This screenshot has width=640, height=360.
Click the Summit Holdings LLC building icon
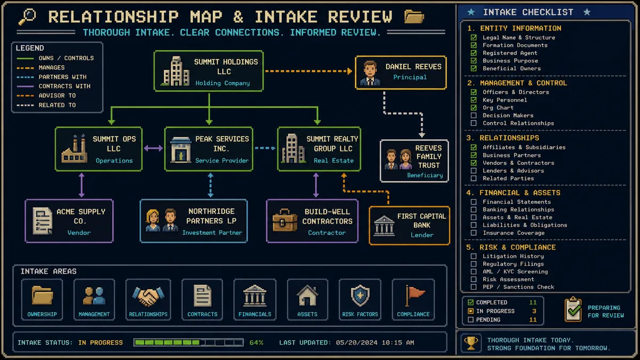(176, 71)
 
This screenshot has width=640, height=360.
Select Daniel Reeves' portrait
(370, 73)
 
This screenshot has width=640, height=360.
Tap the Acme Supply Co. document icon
(42, 221)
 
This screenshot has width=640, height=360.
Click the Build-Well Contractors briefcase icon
(285, 220)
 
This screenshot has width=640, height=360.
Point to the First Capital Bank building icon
(385, 226)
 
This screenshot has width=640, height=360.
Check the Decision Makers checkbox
(474, 115)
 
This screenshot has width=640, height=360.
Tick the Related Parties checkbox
(474, 178)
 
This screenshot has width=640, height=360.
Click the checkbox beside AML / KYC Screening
(474, 271)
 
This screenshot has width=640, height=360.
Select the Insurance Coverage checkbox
(474, 233)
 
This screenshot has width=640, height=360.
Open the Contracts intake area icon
(202, 296)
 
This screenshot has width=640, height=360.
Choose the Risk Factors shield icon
(360, 295)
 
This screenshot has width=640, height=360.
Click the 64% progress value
(257, 342)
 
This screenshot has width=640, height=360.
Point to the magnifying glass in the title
(27, 17)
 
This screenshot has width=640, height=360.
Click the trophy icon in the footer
(471, 343)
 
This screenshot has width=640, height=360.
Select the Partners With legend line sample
(25, 77)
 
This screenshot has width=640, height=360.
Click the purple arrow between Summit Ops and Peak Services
(154, 148)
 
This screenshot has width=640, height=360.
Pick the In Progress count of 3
(534, 311)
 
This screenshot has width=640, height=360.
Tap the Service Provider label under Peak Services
(222, 161)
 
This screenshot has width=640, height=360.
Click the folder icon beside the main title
(414, 17)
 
